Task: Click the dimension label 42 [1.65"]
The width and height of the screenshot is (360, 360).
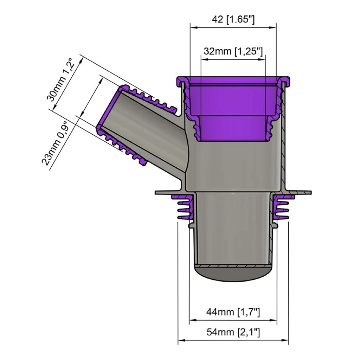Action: click(233, 20)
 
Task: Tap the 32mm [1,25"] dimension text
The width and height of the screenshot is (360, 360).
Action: click(233, 51)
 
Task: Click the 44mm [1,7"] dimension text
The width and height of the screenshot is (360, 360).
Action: click(233, 312)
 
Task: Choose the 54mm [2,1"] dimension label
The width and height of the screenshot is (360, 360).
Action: click(233, 332)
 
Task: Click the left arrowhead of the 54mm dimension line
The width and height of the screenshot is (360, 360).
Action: click(181, 340)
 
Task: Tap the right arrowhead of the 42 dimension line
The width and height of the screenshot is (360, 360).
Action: click(273, 28)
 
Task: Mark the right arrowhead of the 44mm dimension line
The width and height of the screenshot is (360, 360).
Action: click(274, 320)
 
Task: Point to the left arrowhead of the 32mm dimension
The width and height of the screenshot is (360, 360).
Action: click(204, 59)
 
